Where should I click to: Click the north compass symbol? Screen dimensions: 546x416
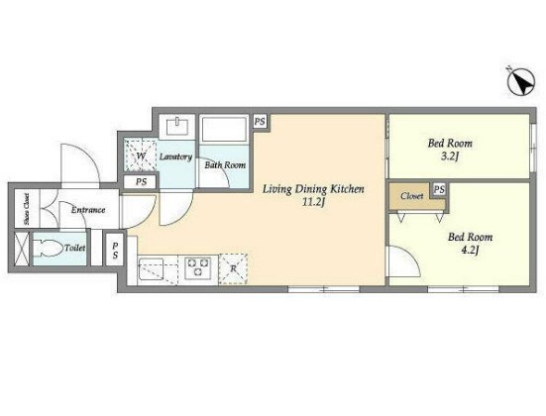tap(520, 81)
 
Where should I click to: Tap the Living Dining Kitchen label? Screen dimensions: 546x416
tap(313, 189)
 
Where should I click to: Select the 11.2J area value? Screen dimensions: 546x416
tap(313, 202)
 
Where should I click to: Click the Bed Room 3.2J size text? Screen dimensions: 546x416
tap(449, 156)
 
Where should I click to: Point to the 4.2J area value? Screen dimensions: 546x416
tap(470, 251)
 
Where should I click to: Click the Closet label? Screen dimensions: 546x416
tap(411, 196)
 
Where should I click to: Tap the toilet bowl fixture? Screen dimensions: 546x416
tap(48, 249)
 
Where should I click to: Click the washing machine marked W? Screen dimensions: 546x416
tap(141, 156)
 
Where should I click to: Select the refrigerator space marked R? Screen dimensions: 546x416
tap(233, 269)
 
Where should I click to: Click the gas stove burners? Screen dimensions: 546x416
tap(198, 267)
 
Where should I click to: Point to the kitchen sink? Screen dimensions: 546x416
tap(151, 268)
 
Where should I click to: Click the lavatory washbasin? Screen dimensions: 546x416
tap(177, 126)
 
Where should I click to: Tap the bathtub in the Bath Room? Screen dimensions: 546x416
tap(224, 129)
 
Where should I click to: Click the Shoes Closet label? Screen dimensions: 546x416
tap(27, 209)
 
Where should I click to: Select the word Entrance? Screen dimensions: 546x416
tap(88, 210)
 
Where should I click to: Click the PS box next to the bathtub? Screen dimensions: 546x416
tap(260, 122)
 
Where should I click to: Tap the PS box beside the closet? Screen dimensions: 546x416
tap(439, 189)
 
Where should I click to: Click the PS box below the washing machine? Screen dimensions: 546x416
tap(141, 181)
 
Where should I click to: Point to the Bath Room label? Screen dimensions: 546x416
tap(225, 164)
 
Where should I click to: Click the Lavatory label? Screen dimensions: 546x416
tap(175, 157)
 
